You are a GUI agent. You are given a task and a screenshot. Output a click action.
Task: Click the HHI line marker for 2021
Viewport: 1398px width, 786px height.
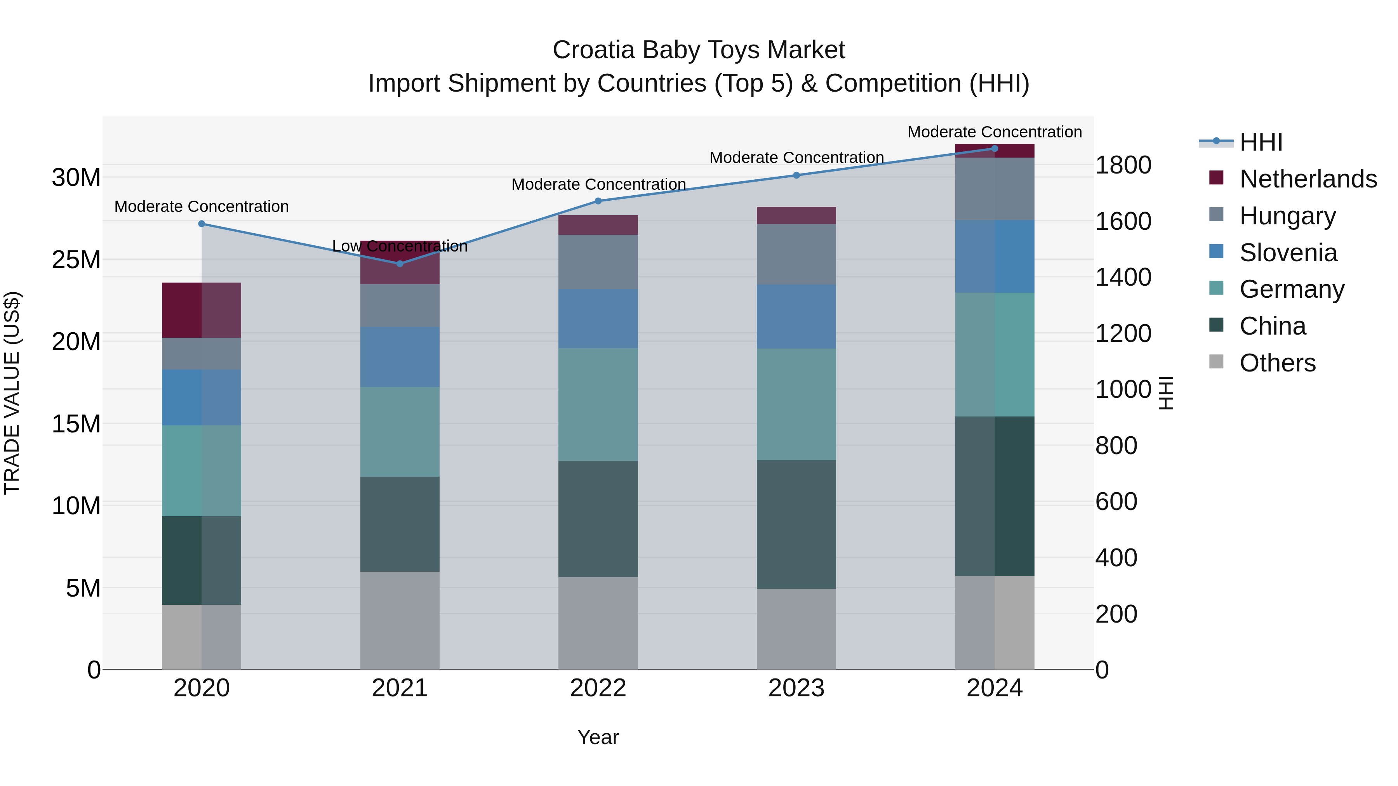pos(400,264)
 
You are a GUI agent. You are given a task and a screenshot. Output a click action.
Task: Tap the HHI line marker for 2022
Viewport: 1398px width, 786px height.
pos(598,201)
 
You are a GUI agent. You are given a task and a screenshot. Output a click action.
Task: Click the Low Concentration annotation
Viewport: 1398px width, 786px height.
pos(400,246)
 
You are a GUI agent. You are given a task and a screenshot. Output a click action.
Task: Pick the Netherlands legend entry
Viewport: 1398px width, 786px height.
pos(1308,179)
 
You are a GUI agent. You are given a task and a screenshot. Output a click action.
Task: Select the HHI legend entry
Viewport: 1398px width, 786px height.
pos(1261,142)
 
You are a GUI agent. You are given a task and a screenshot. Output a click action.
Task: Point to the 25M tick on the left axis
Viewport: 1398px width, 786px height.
pos(76,260)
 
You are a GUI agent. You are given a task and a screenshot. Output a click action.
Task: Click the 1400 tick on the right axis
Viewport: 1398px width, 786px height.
pos(1123,277)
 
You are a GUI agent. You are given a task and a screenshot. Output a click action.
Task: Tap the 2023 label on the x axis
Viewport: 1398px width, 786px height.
pos(796,688)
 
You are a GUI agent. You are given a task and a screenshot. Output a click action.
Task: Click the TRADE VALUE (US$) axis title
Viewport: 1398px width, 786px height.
pos(12,393)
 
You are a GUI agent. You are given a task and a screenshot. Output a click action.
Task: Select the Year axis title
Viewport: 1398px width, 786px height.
pos(598,737)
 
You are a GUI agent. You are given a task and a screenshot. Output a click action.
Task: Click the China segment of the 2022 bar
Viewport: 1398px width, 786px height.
pos(598,519)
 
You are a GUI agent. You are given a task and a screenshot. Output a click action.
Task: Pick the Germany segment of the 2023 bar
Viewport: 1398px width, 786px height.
pos(796,404)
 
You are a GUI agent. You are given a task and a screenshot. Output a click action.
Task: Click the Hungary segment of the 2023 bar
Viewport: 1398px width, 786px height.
pos(796,254)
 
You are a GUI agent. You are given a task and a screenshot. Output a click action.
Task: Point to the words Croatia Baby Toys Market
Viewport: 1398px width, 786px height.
pos(699,50)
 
